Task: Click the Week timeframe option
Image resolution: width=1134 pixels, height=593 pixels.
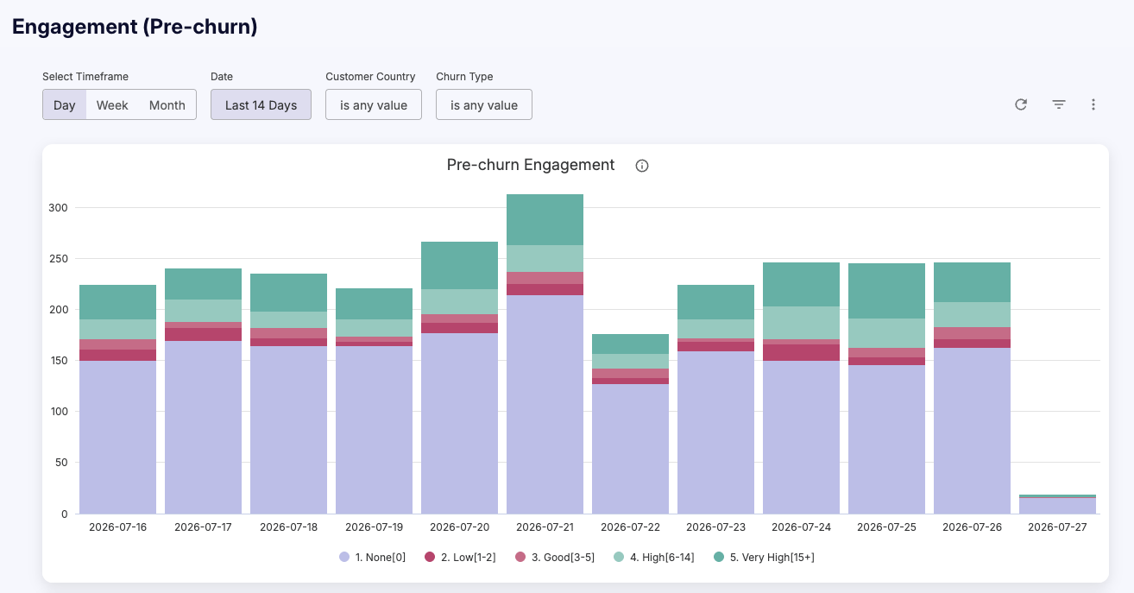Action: [112, 104]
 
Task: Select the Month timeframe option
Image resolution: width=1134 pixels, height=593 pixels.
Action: [167, 104]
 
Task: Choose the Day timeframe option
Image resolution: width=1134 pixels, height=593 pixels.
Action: [64, 104]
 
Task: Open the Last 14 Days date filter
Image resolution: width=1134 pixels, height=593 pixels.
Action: [261, 104]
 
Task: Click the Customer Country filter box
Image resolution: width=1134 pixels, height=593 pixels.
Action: [374, 104]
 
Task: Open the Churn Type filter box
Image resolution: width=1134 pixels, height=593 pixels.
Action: [484, 104]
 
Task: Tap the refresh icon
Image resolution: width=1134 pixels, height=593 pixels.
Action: [1021, 104]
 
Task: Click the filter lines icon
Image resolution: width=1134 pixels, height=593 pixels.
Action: [1059, 104]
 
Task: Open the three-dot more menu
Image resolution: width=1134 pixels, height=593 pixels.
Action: [1093, 104]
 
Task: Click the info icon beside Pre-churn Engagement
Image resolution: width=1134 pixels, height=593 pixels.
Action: [642, 166]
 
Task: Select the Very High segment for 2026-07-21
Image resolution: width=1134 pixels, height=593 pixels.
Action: [545, 220]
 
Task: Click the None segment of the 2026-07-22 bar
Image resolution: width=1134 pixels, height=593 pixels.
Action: [630, 449]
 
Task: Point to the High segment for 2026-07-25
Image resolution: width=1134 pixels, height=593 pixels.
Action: [886, 333]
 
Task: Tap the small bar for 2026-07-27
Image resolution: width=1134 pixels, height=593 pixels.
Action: [1057, 504]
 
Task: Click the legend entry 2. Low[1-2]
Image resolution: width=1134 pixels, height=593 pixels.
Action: [460, 557]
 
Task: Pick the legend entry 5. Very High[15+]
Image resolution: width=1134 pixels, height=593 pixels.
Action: [764, 557]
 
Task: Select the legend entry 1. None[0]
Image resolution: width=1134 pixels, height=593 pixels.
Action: [372, 557]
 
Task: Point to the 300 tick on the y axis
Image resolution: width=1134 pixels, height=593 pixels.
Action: [58, 208]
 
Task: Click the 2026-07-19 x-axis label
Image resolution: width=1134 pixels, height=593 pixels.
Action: [375, 527]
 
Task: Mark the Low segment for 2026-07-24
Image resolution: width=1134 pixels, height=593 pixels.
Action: [802, 352]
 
